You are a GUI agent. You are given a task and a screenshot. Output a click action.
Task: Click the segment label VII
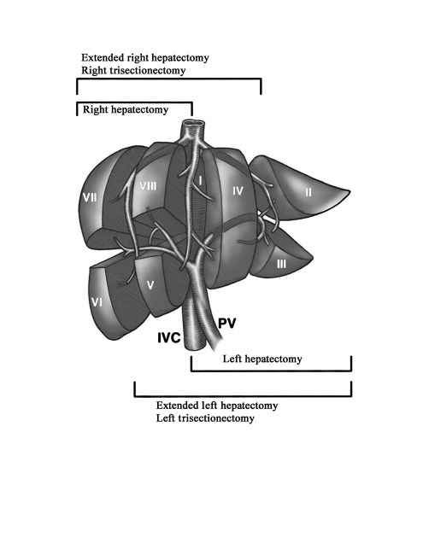pos(90,196)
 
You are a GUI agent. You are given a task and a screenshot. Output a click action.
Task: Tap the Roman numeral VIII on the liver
pos(148,186)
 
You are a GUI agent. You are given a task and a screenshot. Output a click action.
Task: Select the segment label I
pos(200,181)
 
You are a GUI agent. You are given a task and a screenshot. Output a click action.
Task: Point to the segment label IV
pos(238,191)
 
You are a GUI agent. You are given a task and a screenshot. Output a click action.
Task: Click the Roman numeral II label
pos(309,192)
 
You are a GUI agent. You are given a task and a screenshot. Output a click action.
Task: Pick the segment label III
pos(281,264)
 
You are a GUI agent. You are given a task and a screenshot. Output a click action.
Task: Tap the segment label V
pos(150,285)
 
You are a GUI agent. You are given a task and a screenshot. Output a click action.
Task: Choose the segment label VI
pos(97,302)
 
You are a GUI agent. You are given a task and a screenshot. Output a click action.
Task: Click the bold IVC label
pos(169,337)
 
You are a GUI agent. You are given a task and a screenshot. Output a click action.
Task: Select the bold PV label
pos(226,323)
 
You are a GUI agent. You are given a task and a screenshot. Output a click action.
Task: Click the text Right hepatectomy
pos(126,109)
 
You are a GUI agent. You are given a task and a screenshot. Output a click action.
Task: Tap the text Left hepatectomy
pos(262,359)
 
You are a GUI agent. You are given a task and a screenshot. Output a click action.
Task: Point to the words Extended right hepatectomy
pos(145,57)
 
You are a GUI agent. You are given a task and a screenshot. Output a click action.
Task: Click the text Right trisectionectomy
pos(133,70)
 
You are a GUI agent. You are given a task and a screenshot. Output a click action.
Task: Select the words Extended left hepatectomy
pos(217,406)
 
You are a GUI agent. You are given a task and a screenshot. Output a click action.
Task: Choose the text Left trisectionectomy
pos(205,418)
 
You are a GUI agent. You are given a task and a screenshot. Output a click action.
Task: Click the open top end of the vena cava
pos(193,124)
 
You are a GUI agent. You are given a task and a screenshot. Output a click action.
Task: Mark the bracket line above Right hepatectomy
pos(135,103)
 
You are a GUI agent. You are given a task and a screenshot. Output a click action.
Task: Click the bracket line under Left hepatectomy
pos(272,371)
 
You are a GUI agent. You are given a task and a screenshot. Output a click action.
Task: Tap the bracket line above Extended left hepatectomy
pos(243,396)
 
